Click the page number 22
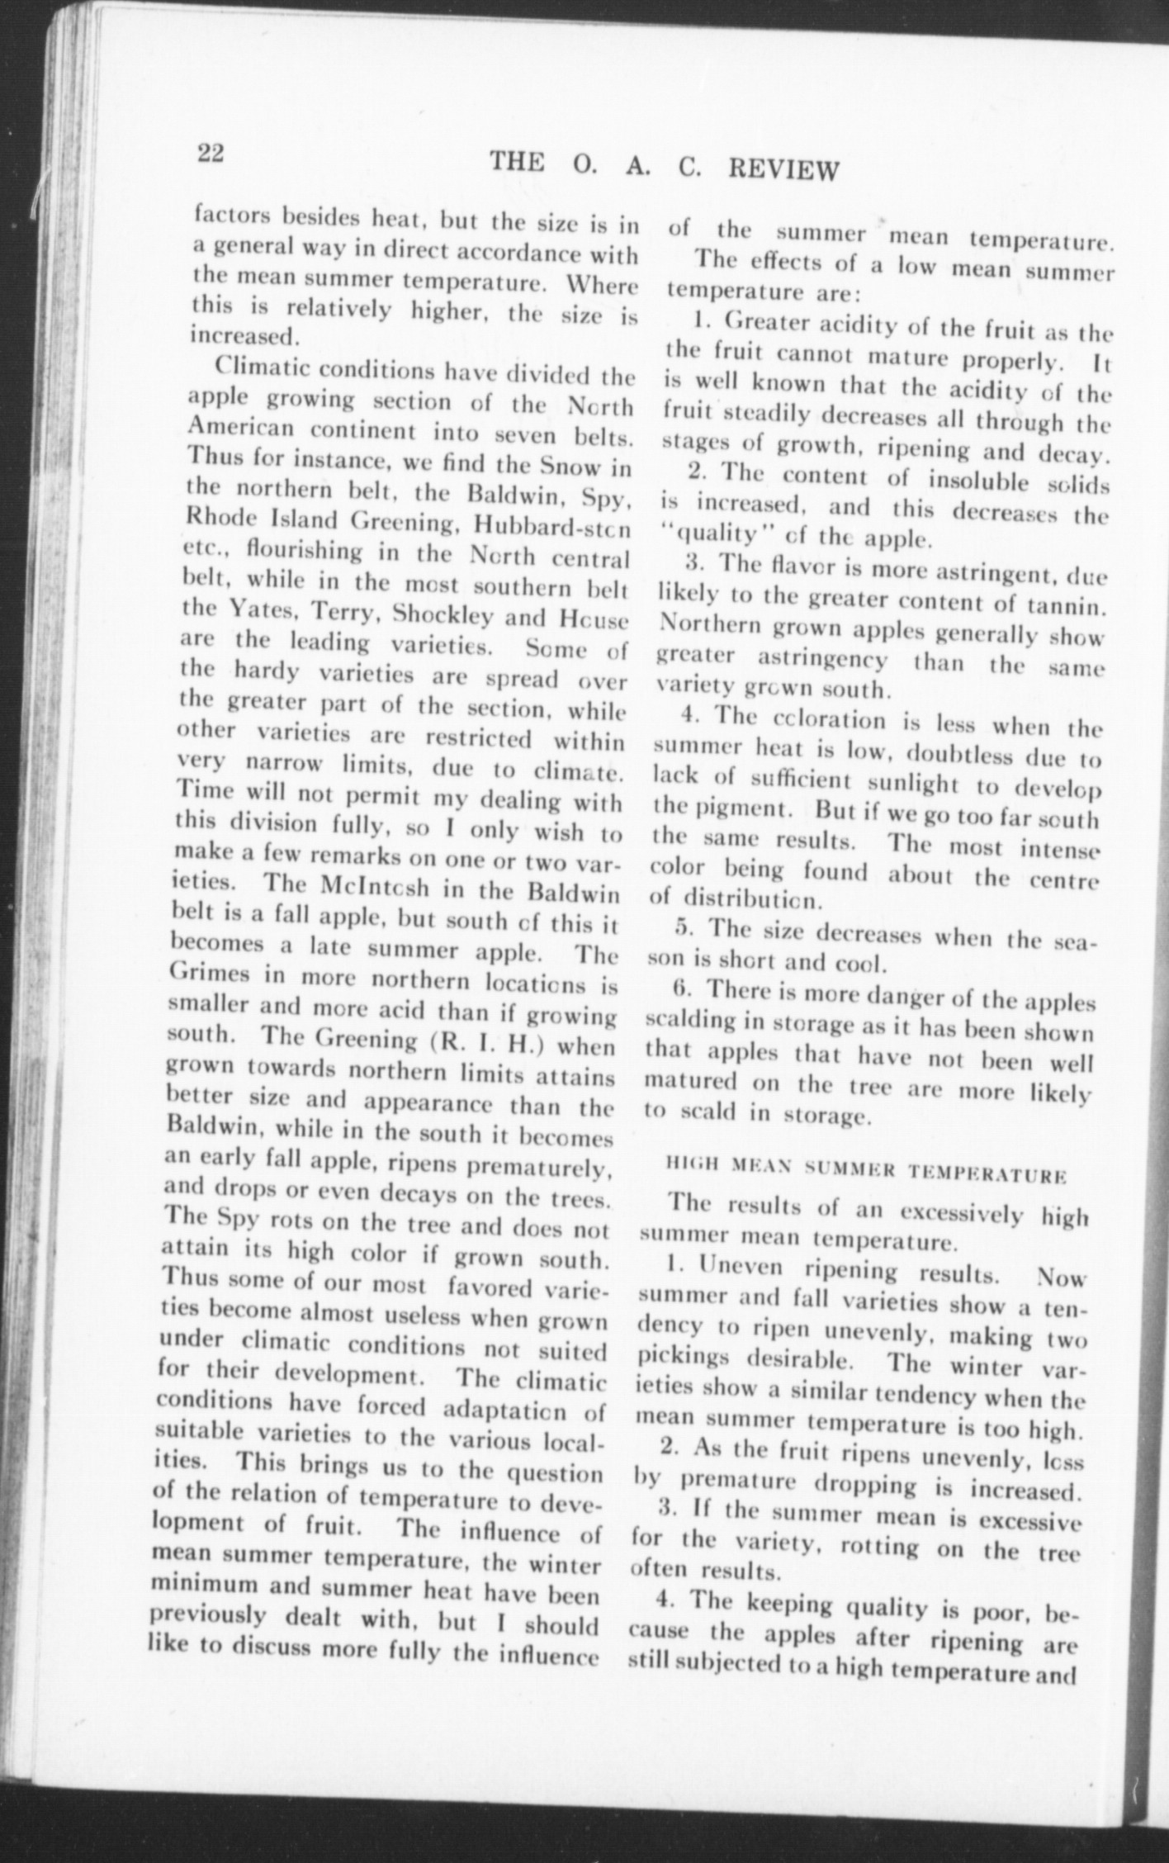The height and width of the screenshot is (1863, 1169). [211, 154]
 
